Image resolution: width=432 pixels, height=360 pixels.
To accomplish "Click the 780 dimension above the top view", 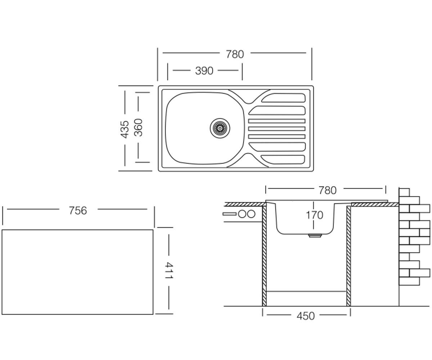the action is click(235, 54).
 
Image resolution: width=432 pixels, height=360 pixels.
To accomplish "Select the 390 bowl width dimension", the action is click(204, 71).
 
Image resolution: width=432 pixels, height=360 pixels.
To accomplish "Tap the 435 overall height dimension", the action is click(125, 129).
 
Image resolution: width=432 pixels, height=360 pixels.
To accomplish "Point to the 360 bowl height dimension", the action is click(138, 127).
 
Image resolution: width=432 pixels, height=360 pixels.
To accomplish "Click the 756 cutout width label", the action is click(78, 211).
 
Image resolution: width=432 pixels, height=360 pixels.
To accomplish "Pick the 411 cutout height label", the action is click(169, 270).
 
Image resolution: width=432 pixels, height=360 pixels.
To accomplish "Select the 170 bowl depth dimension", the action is click(314, 215).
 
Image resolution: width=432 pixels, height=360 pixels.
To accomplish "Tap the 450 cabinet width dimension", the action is click(306, 316).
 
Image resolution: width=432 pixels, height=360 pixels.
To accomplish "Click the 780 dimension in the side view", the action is click(328, 190).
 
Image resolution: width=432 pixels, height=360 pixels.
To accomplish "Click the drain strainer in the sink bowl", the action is click(220, 128).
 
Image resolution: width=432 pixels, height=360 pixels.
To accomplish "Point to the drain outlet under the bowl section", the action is click(315, 236).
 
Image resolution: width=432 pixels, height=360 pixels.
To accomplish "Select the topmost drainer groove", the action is click(283, 98).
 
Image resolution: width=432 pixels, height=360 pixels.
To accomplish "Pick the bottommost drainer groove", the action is click(283, 159).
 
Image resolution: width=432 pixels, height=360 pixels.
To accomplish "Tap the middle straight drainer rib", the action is click(277, 129).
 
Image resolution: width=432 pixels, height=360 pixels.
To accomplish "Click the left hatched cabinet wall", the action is click(264, 256).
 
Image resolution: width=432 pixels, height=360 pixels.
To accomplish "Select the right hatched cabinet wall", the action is click(348, 256).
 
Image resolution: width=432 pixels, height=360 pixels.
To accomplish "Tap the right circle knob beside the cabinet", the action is click(251, 214).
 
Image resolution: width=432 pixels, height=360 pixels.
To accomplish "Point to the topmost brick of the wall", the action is click(404, 192).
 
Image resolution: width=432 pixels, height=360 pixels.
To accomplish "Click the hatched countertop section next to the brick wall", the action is click(375, 205).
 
